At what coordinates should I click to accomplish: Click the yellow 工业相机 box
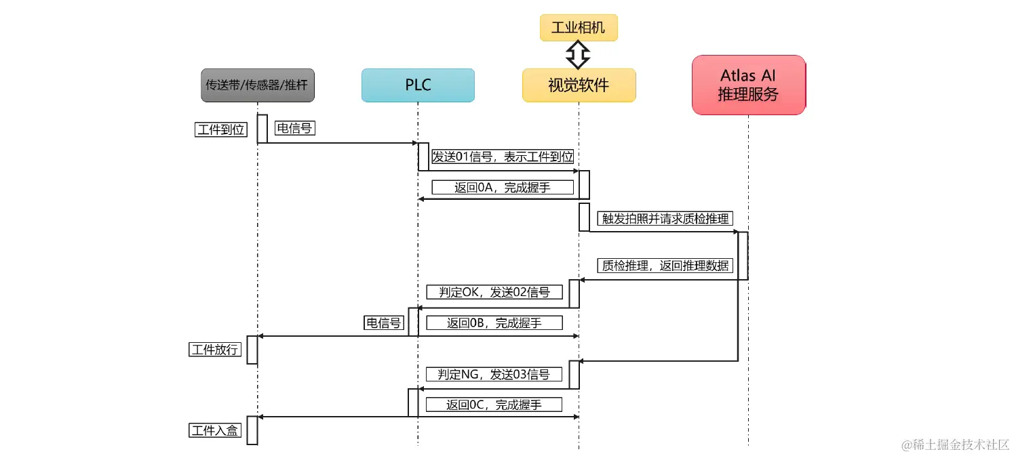click(x=579, y=27)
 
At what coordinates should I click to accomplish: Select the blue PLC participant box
click(x=418, y=85)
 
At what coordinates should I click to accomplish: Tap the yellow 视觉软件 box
click(x=579, y=85)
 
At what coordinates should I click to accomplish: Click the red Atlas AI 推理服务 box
click(x=748, y=85)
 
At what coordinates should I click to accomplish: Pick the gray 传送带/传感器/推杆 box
click(x=258, y=85)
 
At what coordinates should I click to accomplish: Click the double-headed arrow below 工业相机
click(x=579, y=54)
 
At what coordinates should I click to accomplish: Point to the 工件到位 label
click(x=220, y=129)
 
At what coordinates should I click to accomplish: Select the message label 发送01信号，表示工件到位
click(x=503, y=157)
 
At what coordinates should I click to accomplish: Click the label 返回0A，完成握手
click(x=503, y=187)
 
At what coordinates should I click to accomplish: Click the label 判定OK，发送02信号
click(x=494, y=292)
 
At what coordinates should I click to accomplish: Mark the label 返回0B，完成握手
click(x=494, y=323)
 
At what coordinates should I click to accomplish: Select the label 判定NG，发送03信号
click(x=494, y=374)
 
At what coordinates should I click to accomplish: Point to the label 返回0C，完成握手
click(x=494, y=405)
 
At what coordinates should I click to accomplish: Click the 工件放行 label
click(x=215, y=350)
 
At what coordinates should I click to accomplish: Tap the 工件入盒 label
click(x=215, y=430)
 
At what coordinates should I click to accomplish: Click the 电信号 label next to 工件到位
click(x=295, y=127)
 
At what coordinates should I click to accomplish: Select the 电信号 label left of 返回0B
click(x=384, y=323)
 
